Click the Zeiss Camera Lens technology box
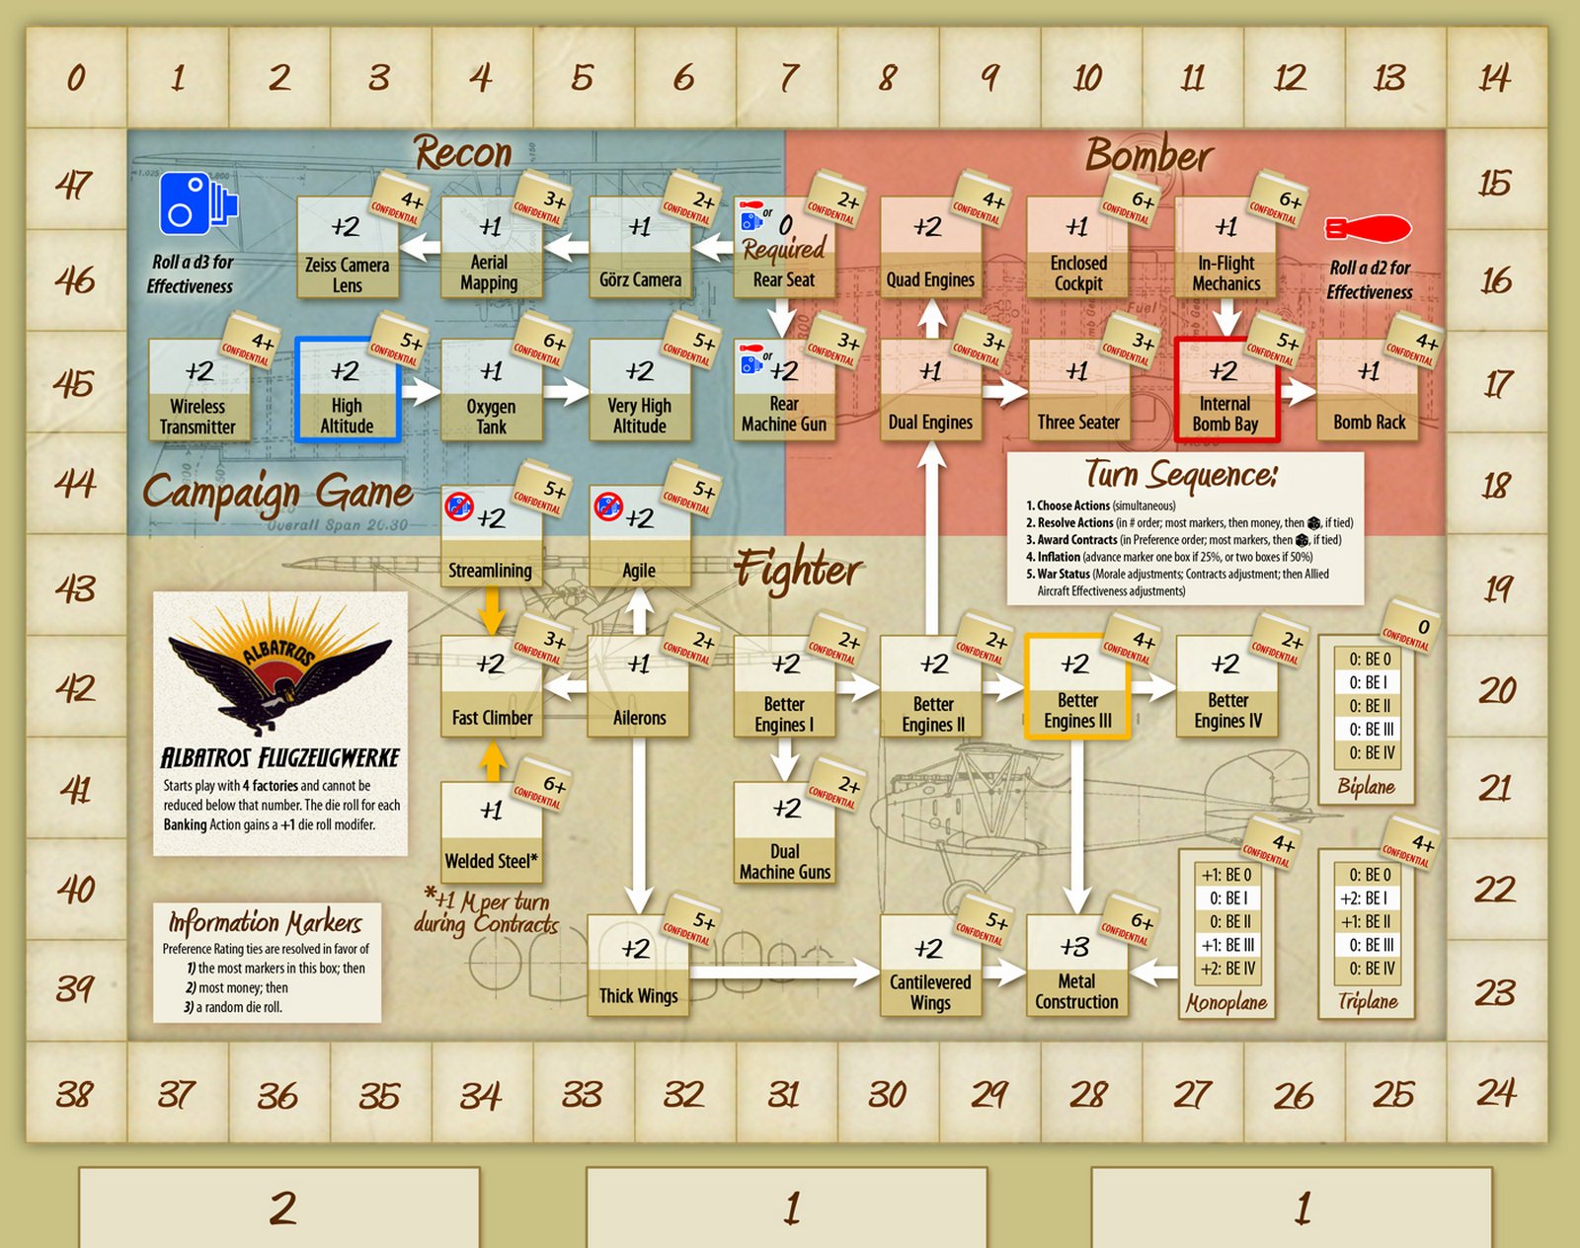click(x=347, y=248)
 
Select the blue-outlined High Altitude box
click(x=347, y=390)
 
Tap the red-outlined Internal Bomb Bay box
click(x=1225, y=390)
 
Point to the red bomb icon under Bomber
click(x=1368, y=230)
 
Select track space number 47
click(x=75, y=185)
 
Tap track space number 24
click(x=1495, y=1093)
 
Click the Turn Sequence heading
click(x=1181, y=475)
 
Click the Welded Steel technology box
click(x=491, y=833)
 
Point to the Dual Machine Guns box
click(x=785, y=833)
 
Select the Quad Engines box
click(x=930, y=248)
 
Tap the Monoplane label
click(x=1226, y=1003)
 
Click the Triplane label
click(x=1368, y=1001)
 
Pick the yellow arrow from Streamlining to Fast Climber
click(x=492, y=609)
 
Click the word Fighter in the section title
click(x=798, y=570)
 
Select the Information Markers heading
click(x=265, y=923)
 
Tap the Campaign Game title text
click(x=277, y=491)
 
